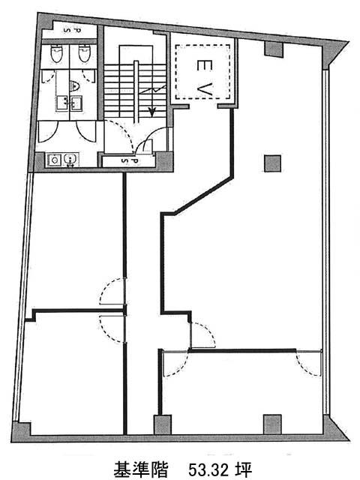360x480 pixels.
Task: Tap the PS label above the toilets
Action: pos(72,30)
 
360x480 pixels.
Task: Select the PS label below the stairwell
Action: pos(130,160)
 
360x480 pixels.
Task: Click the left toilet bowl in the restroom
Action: pos(55,53)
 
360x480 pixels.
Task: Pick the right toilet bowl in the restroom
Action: pos(84,53)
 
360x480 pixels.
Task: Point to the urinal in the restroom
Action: pos(74,86)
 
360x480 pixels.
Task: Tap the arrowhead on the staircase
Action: pos(151,112)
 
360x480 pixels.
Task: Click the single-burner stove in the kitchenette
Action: pos(55,160)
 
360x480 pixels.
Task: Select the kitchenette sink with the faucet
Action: pos(71,160)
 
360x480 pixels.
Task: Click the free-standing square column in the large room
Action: pos(272,163)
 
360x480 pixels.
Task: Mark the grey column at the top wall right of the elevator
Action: pos(273,49)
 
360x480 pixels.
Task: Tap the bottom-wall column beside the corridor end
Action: pos(162,424)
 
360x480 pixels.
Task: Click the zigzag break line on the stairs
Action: pos(152,90)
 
